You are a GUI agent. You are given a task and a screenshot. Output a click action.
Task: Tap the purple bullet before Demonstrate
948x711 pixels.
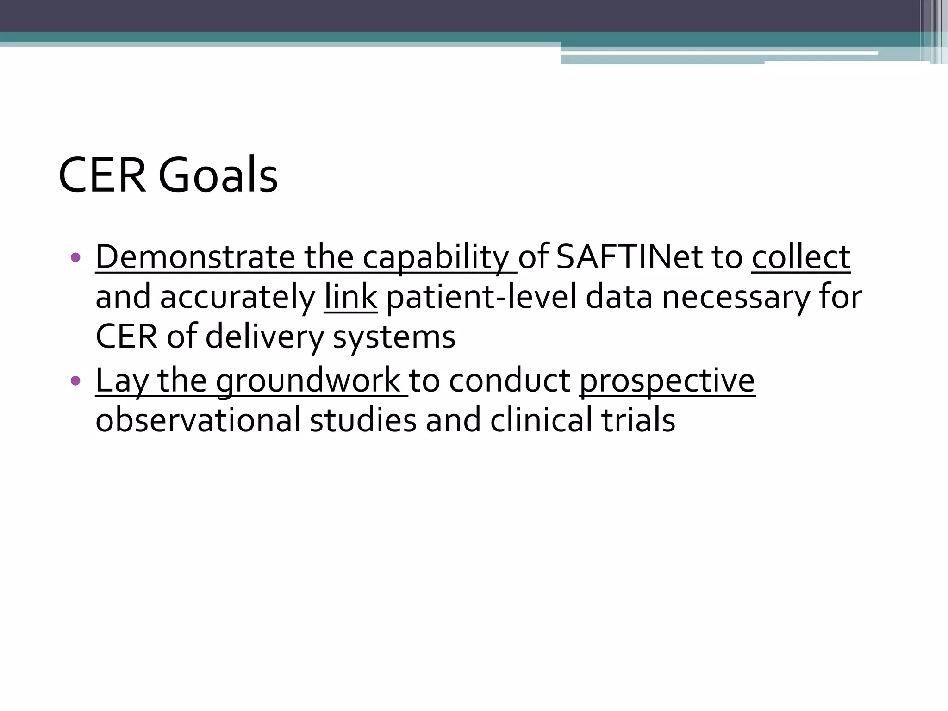coord(75,257)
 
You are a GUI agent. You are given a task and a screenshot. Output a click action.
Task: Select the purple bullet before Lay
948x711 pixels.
coord(75,381)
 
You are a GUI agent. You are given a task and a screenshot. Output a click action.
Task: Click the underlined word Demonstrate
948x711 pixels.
coord(195,257)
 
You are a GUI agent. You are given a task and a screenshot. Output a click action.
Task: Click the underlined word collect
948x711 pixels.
coord(801,257)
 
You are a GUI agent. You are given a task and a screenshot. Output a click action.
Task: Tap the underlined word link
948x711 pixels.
coord(350,297)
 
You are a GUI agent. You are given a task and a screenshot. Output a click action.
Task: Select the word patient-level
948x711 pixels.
coord(481,297)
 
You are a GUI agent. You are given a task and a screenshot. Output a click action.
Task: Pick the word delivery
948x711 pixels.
coord(265,337)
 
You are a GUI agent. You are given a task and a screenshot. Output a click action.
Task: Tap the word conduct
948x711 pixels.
coord(510,380)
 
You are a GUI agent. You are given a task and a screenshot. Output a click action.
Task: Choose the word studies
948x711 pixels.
coord(363,420)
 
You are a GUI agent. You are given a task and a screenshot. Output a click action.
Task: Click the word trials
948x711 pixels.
coord(638,420)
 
